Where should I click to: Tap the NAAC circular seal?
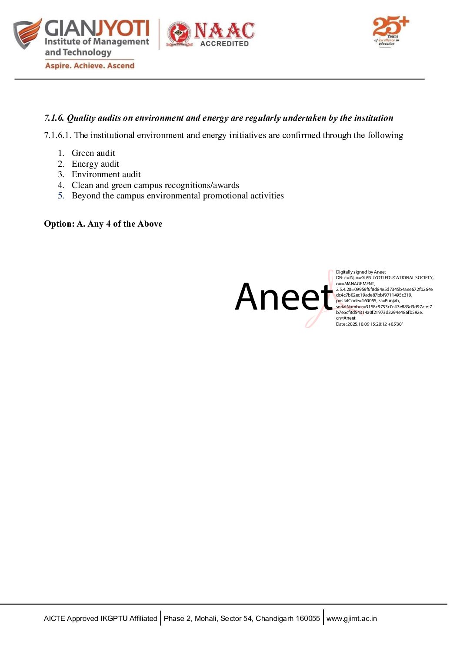pyautogui.click(x=179, y=34)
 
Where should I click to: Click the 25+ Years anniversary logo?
pyautogui.click(x=390, y=31)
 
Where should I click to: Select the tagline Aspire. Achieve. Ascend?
pyautogui.click(x=90, y=66)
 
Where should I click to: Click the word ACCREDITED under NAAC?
pyautogui.click(x=224, y=43)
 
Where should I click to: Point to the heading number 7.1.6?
pyautogui.click(x=54, y=118)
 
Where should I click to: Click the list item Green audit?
pyautogui.click(x=93, y=153)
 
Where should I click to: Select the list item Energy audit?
pyautogui.click(x=95, y=164)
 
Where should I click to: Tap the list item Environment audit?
pyautogui.click(x=106, y=174)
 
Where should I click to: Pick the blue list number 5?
pyautogui.click(x=61, y=196)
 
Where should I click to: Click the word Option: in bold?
pyautogui.click(x=59, y=224)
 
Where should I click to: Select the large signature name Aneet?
pyautogui.click(x=283, y=297)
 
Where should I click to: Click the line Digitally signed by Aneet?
pyautogui.click(x=360, y=272)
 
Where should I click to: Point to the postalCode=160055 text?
pyautogui.click(x=356, y=300)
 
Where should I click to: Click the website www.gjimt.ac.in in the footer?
pyautogui.click(x=351, y=619)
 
